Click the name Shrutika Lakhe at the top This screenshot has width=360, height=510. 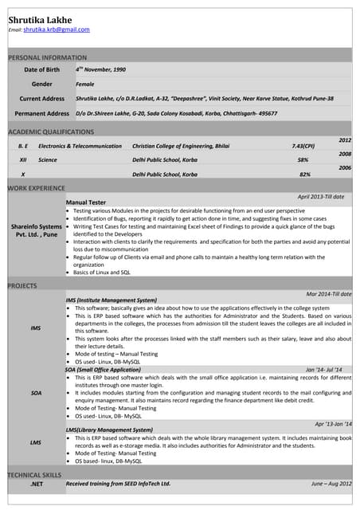click(x=40, y=19)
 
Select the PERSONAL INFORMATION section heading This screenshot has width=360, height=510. click(x=47, y=57)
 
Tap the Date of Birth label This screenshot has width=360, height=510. click(x=41, y=70)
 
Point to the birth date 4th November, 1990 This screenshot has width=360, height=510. click(x=100, y=70)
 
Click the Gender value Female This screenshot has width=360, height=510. click(x=84, y=84)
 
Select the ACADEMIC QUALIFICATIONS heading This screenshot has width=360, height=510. click(x=50, y=131)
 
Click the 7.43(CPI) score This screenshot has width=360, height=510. click(x=303, y=147)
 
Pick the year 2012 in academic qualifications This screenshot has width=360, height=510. click(x=345, y=139)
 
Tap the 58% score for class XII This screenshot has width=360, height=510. click(x=303, y=160)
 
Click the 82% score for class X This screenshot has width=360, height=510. click(x=304, y=174)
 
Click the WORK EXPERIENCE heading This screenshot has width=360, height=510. click(x=36, y=188)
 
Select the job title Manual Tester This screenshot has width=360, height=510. click(x=85, y=203)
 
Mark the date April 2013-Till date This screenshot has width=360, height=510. click(x=321, y=196)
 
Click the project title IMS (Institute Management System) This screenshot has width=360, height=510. click(x=111, y=300)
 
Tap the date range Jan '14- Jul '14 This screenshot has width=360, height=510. click(x=323, y=370)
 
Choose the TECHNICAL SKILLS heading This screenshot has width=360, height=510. click(x=35, y=474)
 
